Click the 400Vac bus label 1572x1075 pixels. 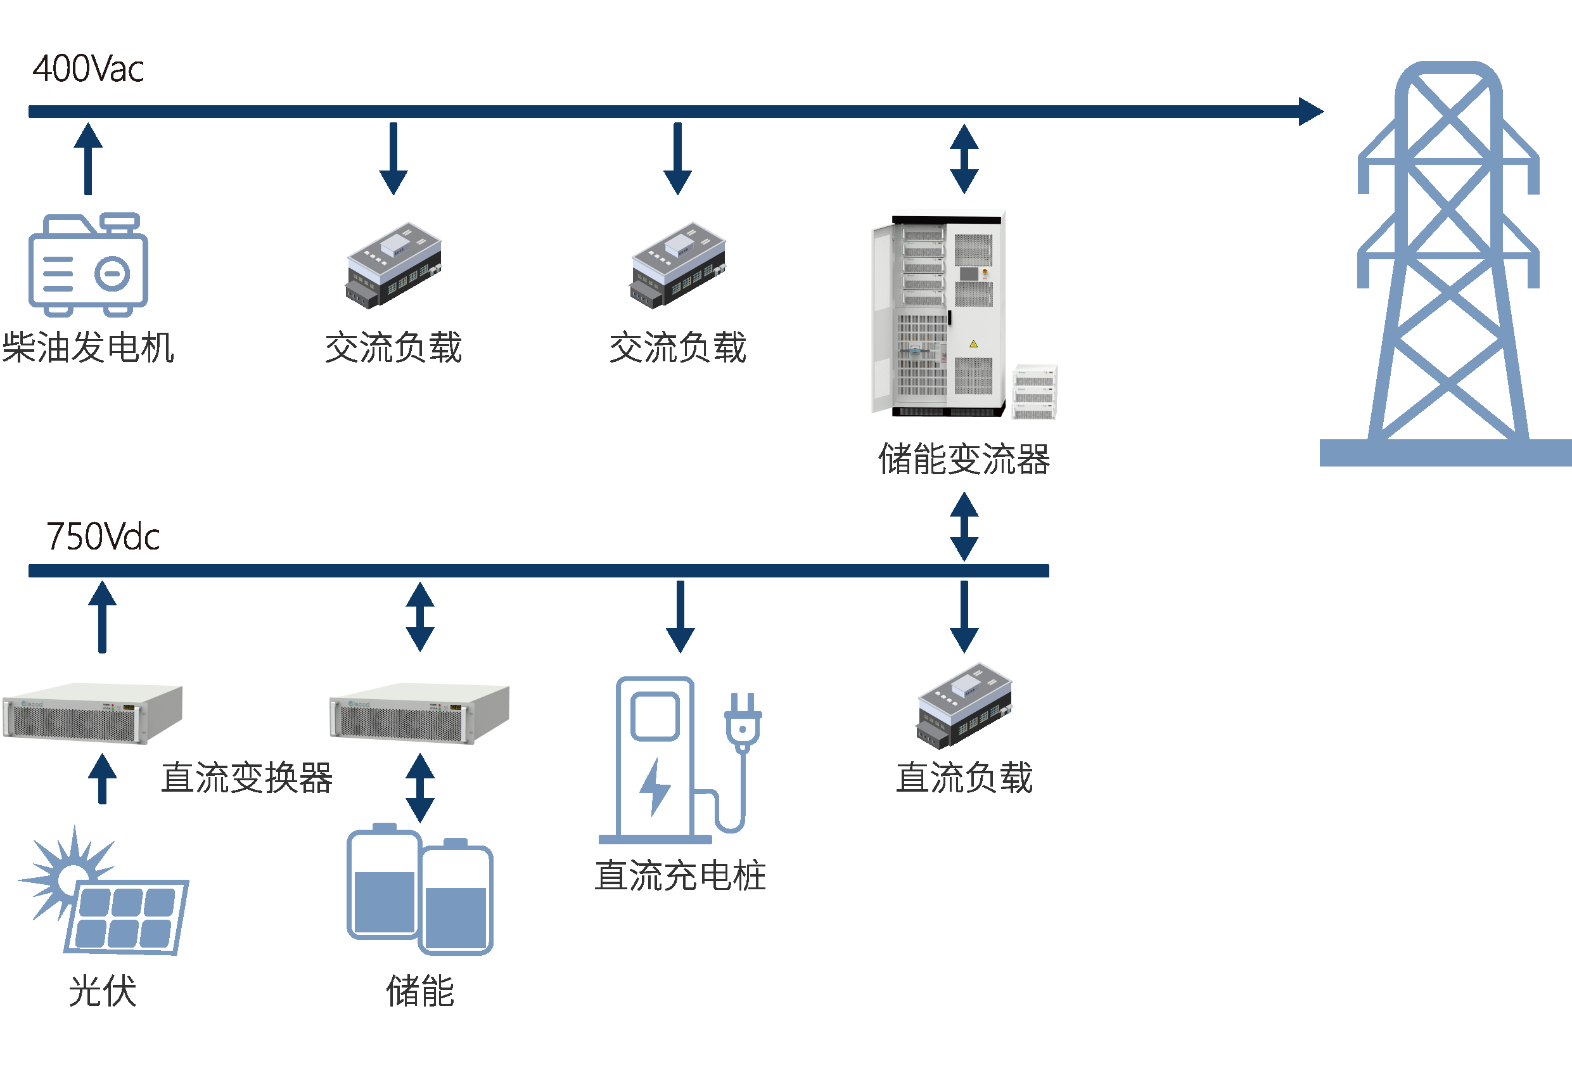point(88,69)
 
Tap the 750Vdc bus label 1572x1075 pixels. point(103,536)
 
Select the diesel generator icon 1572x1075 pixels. point(88,264)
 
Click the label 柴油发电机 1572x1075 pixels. point(88,348)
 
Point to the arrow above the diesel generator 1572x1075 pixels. point(88,158)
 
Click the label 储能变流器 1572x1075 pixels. point(963,460)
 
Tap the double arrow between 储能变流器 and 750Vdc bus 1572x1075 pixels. point(964,526)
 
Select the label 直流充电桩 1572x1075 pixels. point(680,875)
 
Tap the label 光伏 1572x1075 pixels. point(102,991)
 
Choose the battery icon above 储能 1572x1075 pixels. point(419,890)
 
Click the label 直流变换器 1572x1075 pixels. point(246,777)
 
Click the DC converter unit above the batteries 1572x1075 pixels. point(419,714)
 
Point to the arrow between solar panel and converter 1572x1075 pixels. point(102,778)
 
